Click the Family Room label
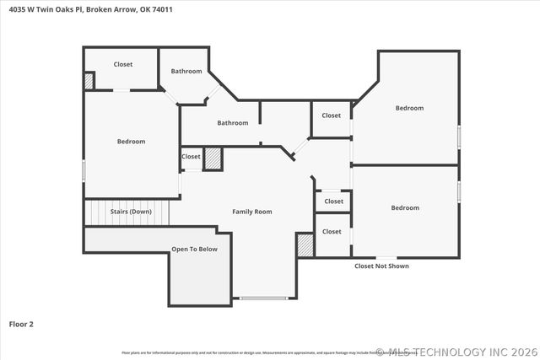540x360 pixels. tap(251, 212)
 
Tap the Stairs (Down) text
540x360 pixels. tap(131, 212)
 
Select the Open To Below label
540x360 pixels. tap(195, 250)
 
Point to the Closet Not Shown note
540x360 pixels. tap(381, 266)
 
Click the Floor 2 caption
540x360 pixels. tap(21, 324)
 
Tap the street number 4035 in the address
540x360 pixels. tap(18, 9)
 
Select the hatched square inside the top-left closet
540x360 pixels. tap(89, 81)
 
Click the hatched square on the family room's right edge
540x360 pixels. tap(305, 245)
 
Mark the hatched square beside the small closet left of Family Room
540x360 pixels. tap(213, 159)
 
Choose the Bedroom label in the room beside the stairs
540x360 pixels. tap(131, 142)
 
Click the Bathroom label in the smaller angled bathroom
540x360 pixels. tap(186, 72)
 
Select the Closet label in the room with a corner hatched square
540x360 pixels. tap(123, 64)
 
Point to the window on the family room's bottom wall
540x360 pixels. tap(264, 298)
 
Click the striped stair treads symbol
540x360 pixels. tap(127, 212)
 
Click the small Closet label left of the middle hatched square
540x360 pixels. tap(192, 157)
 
